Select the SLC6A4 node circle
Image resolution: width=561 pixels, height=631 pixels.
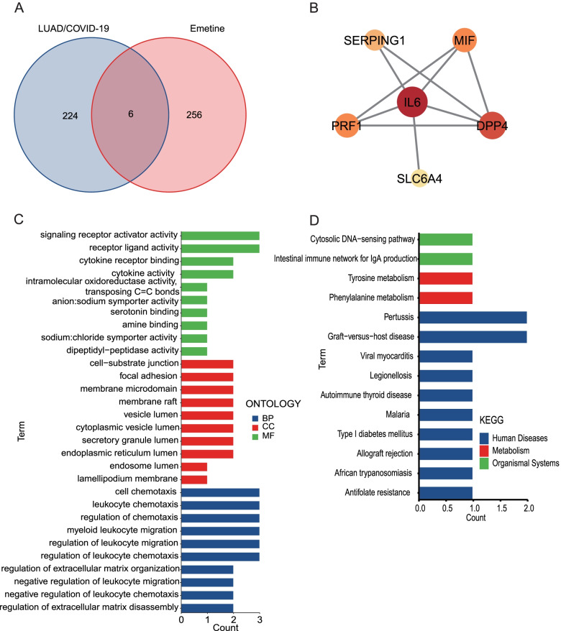point(420,177)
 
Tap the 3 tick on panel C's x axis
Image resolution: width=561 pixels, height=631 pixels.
point(259,618)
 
